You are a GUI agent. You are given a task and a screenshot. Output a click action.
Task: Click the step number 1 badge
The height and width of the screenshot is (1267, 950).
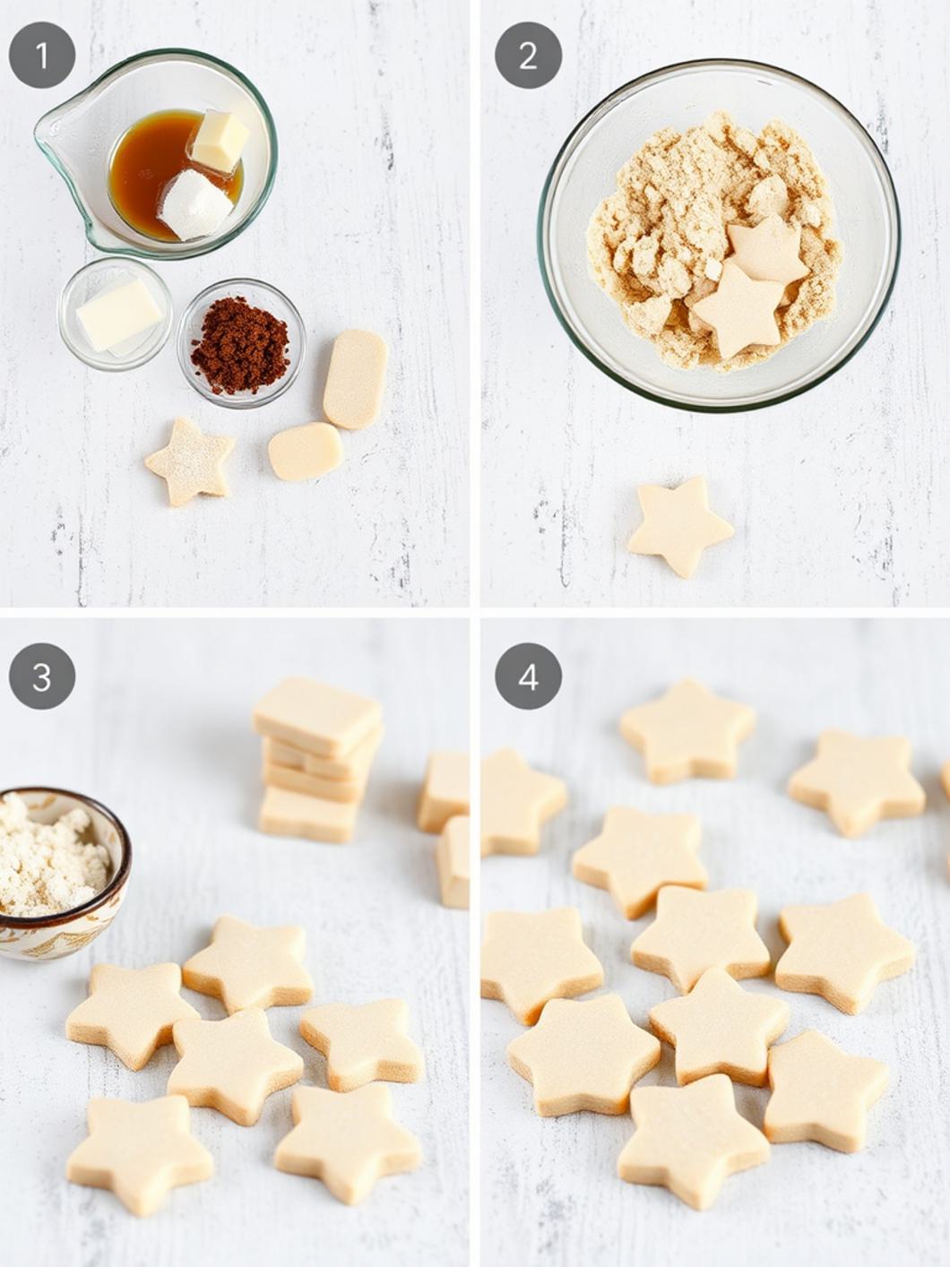42,56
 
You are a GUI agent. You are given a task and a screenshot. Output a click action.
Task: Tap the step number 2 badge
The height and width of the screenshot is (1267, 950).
528,56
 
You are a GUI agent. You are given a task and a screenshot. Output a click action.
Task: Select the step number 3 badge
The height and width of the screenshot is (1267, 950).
42,677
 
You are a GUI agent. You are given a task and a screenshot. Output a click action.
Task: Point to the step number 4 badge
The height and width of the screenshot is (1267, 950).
528,677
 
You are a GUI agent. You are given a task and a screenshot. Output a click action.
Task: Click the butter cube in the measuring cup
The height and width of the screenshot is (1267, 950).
219,141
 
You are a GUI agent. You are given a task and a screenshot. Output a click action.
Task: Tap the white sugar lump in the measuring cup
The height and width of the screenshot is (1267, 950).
196,204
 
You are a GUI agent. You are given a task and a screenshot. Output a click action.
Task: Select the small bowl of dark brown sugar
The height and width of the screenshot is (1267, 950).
240,344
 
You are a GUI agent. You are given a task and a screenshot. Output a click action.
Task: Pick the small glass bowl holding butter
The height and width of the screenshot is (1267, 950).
116,314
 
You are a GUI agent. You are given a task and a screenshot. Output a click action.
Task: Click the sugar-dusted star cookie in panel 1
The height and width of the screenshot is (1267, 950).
190,461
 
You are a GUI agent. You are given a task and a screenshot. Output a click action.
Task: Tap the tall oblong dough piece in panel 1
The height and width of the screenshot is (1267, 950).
355,378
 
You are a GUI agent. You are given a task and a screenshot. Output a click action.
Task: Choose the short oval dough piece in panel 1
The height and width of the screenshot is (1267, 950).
306,451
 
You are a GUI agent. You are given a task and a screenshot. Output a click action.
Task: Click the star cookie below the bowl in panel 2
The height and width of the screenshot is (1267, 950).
678,525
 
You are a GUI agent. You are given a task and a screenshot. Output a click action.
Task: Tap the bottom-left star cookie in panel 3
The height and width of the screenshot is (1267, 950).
139,1152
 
